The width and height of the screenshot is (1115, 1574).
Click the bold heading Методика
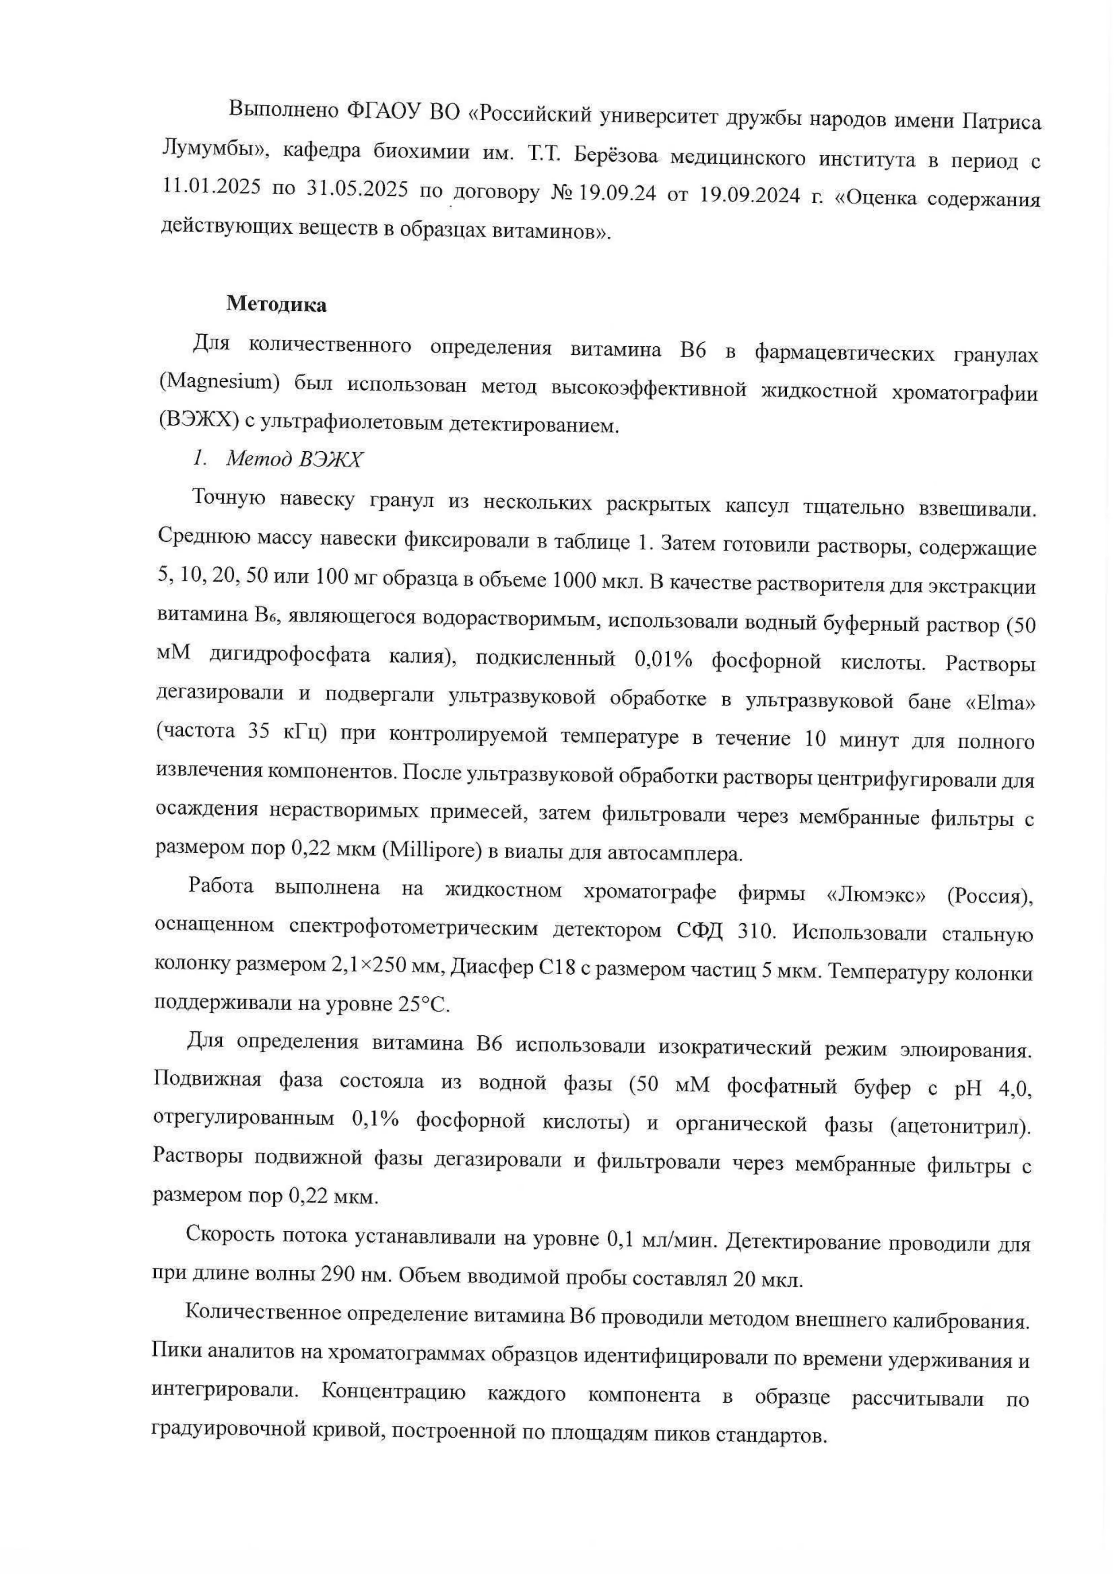coord(276,305)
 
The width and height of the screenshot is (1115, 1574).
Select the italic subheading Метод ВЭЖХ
coord(294,459)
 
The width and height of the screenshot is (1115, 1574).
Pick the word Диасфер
coord(491,968)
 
